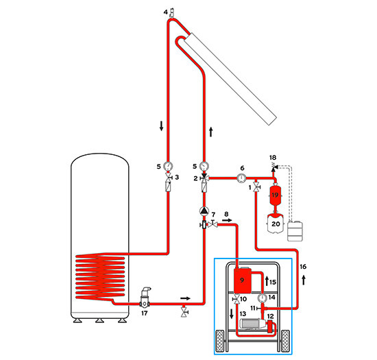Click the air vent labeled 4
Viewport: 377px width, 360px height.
tap(171, 12)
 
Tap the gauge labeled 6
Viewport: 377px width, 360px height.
tap(241, 178)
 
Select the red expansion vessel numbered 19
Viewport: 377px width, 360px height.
tap(276, 195)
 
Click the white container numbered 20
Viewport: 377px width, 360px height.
tap(276, 224)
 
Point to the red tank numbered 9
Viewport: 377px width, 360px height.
tap(243, 280)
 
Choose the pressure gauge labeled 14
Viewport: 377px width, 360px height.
tap(263, 299)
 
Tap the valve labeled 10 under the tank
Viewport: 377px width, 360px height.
tap(236, 300)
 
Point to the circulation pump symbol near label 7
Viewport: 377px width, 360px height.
tap(204, 212)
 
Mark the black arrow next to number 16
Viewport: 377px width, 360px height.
tap(302, 278)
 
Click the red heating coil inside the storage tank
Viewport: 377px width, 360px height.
tap(101, 278)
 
